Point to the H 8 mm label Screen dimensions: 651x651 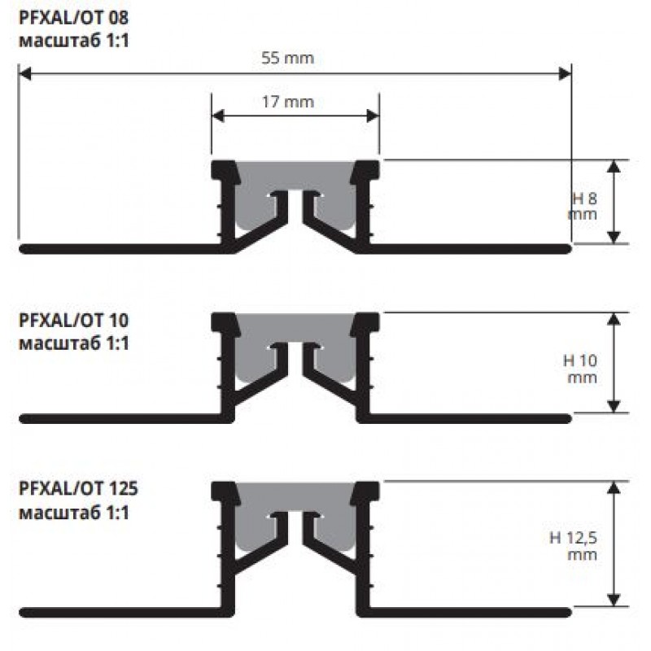[583, 206]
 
